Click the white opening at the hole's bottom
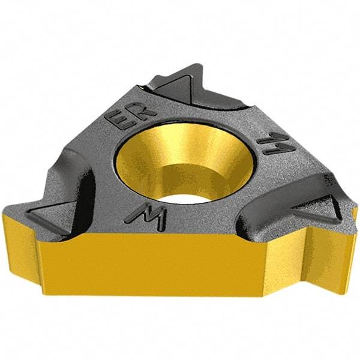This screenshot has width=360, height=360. [x=185, y=185]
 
